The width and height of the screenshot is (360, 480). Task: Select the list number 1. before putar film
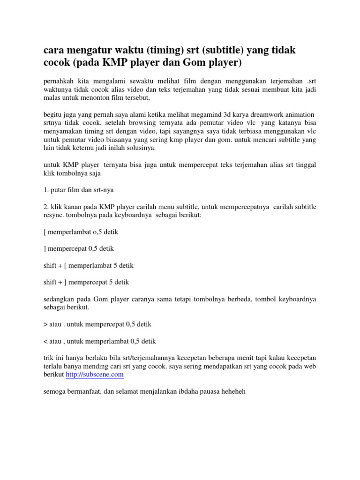[x=45, y=190]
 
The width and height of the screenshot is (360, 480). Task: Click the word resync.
[x=54, y=217]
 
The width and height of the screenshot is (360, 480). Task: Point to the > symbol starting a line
[x=45, y=324]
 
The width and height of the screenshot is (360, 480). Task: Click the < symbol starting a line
[x=45, y=341]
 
